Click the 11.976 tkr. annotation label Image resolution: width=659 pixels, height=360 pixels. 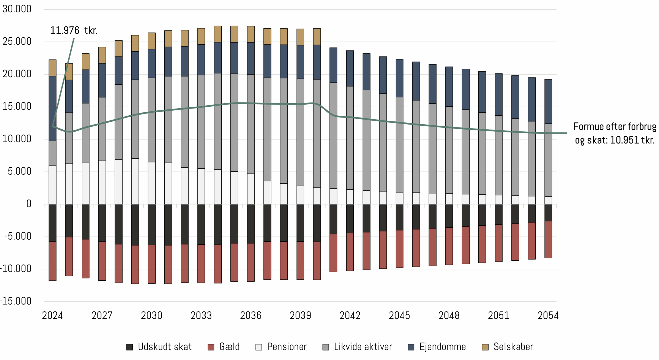74,30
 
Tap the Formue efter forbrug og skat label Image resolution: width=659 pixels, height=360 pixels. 614,133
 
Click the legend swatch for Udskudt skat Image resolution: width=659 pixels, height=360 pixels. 129,347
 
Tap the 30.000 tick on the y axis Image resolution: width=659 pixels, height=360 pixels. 17,9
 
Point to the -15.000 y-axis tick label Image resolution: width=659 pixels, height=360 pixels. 16,301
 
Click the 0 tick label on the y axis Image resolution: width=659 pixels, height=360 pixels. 29,204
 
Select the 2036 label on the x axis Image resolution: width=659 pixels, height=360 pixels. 251,316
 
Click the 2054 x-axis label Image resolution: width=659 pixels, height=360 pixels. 548,316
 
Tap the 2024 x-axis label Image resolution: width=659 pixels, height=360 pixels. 52,316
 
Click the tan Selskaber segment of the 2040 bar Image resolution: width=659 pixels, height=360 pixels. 317,37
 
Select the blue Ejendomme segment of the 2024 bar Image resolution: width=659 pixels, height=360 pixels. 53,109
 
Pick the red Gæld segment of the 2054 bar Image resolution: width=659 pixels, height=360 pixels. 548,240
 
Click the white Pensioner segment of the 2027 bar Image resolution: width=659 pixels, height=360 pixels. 102,183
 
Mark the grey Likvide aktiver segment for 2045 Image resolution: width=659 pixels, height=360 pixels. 400,145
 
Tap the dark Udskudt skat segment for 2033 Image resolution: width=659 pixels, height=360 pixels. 201,224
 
